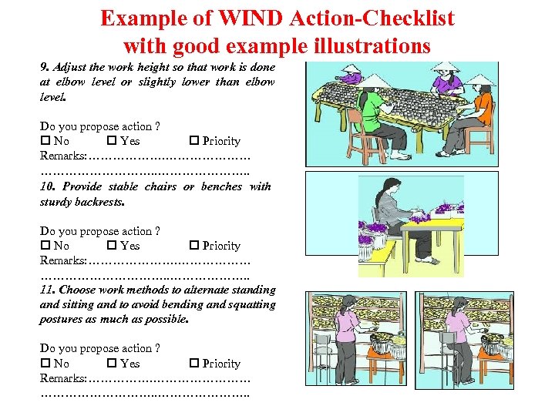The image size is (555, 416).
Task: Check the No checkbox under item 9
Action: coord(45,141)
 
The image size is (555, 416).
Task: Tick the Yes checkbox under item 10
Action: coord(112,246)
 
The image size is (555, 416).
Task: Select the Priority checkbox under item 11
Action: coord(193,364)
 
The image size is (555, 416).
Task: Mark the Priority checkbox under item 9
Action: coord(193,141)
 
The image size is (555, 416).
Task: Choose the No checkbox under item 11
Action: coord(45,364)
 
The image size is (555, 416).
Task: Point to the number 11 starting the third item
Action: coord(46,290)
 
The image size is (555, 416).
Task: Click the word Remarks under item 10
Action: coord(62,260)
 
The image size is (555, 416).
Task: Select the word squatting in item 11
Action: coord(250,304)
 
